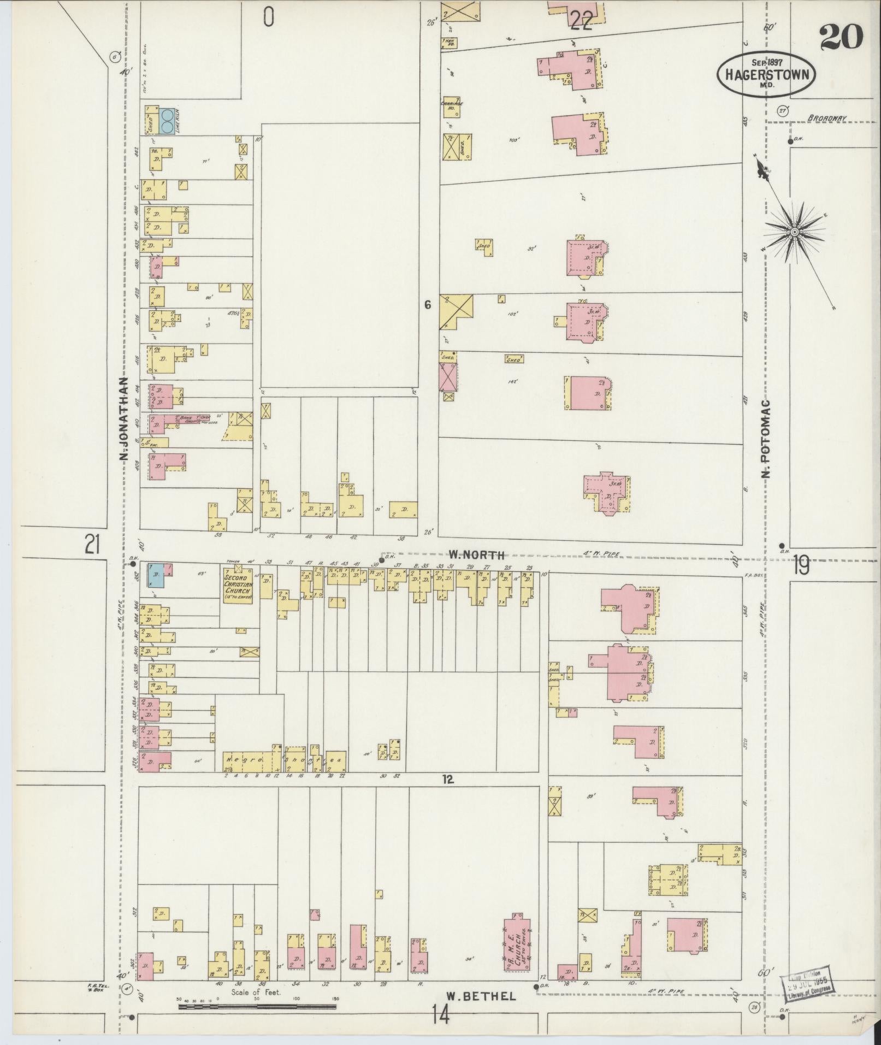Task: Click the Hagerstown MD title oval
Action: tap(766, 74)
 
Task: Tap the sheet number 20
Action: tap(841, 37)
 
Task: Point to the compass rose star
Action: tap(794, 232)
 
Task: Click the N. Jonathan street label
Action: tap(124, 419)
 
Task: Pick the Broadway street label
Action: tap(827, 117)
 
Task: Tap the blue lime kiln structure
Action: tap(168, 120)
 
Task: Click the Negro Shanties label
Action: tap(284, 760)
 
